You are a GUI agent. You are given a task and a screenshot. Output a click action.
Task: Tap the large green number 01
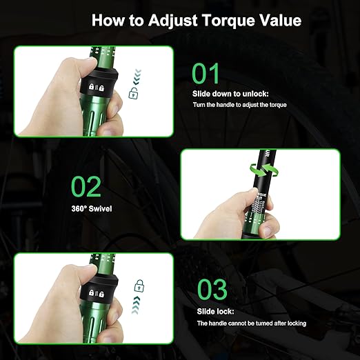[x=206, y=74]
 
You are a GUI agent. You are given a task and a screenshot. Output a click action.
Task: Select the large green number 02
[x=86, y=186]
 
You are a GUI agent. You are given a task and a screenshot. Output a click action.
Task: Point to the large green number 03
[x=212, y=289]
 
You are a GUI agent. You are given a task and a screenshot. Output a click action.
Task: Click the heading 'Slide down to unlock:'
[x=230, y=94]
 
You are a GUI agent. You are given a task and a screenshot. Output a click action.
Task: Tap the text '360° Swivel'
[x=92, y=209]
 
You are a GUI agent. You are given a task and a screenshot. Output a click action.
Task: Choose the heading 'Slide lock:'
[x=215, y=312]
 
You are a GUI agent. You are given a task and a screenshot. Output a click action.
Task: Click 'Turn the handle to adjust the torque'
[x=240, y=105]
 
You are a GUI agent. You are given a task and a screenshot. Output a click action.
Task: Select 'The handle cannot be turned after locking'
[x=252, y=323]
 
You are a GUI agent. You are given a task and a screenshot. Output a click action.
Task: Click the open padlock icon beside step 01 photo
[x=133, y=93]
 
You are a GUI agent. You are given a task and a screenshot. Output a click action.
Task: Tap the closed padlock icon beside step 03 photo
[x=139, y=286]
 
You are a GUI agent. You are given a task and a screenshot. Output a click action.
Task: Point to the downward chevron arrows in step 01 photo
[x=137, y=77]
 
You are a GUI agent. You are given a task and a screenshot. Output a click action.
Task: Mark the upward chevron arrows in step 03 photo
[x=136, y=305]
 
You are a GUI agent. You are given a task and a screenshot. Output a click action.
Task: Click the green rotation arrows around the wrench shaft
[x=264, y=170]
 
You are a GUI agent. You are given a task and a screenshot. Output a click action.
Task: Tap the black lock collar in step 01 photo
[x=99, y=83]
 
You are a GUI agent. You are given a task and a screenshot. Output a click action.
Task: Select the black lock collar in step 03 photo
[x=99, y=290]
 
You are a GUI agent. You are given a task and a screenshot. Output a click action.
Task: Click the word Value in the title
[x=281, y=20]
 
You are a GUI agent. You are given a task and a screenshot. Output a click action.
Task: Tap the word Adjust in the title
[x=173, y=21]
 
